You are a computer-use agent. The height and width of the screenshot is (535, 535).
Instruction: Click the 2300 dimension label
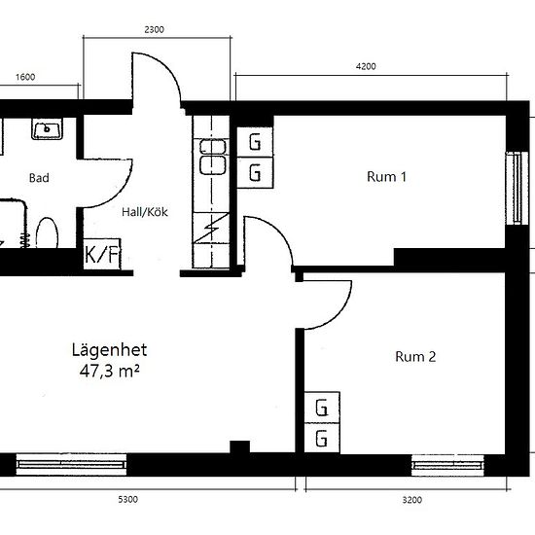(x=155, y=30)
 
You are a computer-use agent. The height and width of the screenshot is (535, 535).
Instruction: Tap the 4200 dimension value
(x=366, y=66)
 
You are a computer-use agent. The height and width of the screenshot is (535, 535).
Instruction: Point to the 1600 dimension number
(x=25, y=77)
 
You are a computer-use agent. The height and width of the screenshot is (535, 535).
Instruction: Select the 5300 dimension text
(x=128, y=500)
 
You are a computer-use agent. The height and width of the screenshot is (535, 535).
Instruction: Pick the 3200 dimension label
(x=412, y=500)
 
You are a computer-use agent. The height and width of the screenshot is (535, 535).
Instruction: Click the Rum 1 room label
(x=386, y=177)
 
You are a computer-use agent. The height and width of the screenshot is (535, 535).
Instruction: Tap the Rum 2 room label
(x=415, y=357)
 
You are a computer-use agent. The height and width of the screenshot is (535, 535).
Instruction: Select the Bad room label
(x=39, y=178)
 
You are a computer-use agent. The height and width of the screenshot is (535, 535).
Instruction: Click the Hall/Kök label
(x=145, y=212)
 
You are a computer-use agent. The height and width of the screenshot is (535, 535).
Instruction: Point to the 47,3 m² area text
(x=110, y=372)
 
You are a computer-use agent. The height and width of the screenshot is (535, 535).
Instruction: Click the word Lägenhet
(x=109, y=350)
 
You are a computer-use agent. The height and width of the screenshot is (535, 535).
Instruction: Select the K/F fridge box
(x=102, y=254)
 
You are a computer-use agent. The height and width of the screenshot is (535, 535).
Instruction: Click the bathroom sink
(x=47, y=128)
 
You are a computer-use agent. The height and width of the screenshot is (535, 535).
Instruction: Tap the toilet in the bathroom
(x=47, y=232)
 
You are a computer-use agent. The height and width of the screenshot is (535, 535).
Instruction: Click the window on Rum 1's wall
(x=517, y=188)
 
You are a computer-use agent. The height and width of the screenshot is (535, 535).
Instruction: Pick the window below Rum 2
(x=447, y=464)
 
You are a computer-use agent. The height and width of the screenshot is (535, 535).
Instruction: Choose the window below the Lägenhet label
(x=71, y=464)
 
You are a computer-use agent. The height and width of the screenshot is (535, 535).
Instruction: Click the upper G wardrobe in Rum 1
(x=255, y=142)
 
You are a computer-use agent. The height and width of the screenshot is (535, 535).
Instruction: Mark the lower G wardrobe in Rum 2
(x=322, y=438)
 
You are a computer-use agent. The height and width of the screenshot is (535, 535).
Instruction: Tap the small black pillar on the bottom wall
(x=240, y=447)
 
